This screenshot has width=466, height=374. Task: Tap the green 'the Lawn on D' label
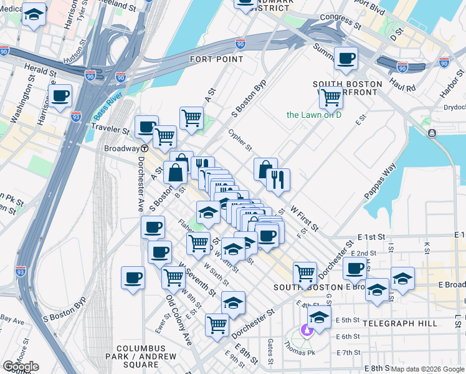pyautogui.click(x=314, y=115)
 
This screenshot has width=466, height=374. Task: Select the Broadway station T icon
pyautogui.click(x=144, y=149)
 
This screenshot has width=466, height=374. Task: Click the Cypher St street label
pyautogui.click(x=240, y=140)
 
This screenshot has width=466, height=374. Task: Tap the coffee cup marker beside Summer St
pyautogui.click(x=346, y=59)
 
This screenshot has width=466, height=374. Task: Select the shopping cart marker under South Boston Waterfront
pyautogui.click(x=330, y=97)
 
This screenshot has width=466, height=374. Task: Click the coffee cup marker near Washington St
pyautogui.click(x=60, y=96)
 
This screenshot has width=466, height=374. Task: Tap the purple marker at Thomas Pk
pyautogui.click(x=306, y=330)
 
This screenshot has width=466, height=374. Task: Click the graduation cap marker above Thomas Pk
pyautogui.click(x=319, y=317)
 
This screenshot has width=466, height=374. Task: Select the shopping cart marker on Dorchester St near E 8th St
pyautogui.click(x=217, y=324)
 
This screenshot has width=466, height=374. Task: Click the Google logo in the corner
pyautogui.click(x=21, y=367)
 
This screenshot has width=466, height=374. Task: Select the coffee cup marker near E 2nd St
pyautogui.click(x=354, y=269)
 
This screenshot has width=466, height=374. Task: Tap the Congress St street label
pyautogui.click(x=340, y=22)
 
